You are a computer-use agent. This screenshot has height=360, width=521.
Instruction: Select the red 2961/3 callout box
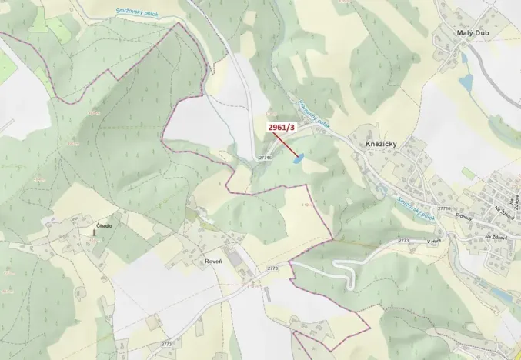tap(282, 127)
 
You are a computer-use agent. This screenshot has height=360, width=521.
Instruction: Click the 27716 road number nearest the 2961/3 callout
tap(266, 157)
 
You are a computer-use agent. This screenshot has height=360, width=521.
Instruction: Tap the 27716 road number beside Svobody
tap(443, 208)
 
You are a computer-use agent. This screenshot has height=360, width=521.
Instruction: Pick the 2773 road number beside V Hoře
tap(403, 241)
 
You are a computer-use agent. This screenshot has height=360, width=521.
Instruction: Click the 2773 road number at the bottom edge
tap(166, 344)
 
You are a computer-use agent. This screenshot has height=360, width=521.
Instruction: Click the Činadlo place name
tap(104, 225)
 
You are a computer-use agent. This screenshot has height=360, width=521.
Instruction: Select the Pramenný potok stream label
tap(313, 116)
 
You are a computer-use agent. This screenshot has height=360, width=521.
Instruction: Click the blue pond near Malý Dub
tap(465, 81)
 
